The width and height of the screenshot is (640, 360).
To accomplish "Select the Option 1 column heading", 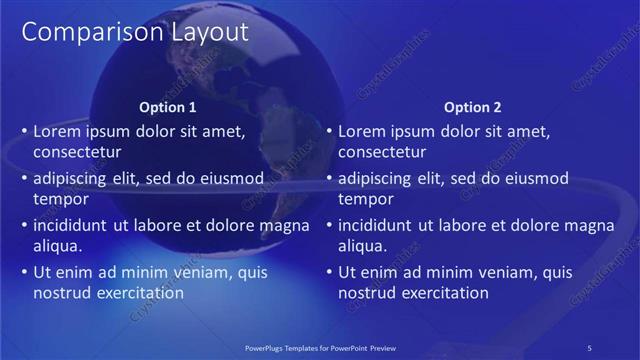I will pos(168,107).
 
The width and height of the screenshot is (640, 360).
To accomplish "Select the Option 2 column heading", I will pos(473,107).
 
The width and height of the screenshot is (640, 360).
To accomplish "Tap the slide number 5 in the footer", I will pos(590,347).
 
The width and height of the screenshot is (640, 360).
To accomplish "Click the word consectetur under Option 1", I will pos(77,153).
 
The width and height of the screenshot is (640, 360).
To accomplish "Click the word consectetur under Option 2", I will pos(382,153).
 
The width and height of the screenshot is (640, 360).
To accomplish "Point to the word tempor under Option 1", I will pos(60,199).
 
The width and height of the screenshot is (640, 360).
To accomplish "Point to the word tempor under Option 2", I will pos(365,199).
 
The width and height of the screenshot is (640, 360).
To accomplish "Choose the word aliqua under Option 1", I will pos(58,246).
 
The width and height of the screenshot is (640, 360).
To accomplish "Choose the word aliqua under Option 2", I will pos(363,246).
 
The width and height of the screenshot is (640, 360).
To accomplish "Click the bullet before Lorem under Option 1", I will pos(24,131).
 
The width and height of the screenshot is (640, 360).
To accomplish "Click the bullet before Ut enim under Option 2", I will pos(329,272).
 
